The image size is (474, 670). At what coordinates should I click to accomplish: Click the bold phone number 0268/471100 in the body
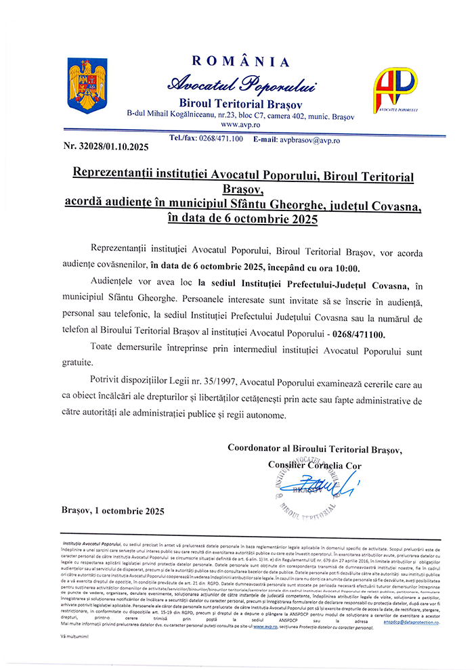point(366,334)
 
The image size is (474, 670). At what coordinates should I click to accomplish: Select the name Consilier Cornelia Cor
point(315,466)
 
